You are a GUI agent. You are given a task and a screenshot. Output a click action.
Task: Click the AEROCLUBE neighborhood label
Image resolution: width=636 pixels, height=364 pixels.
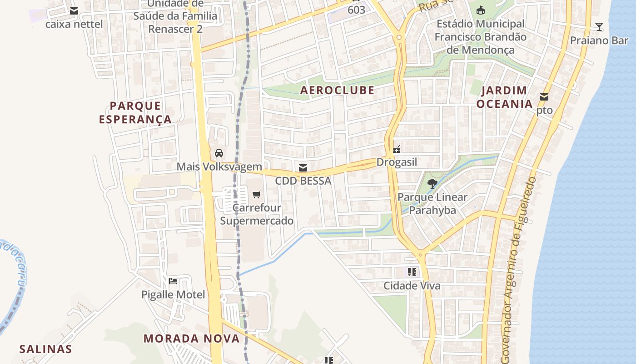click(337, 90)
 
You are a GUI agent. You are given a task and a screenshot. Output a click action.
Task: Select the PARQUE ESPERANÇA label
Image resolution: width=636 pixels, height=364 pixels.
click(135, 113)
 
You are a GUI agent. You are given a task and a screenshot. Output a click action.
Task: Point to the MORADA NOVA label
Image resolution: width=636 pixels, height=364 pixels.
click(191, 339)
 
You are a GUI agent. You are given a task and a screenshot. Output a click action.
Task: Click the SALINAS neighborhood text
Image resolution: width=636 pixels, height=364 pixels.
click(45, 349)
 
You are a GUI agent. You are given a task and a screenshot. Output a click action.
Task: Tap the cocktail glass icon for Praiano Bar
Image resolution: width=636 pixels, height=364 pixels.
click(599, 27)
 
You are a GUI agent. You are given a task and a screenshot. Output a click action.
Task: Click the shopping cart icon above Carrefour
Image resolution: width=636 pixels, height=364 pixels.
click(256, 195)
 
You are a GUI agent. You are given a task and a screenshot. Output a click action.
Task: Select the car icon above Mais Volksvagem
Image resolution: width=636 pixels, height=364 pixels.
click(219, 153)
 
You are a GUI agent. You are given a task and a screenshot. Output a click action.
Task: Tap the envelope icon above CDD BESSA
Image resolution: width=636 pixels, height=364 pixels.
click(303, 168)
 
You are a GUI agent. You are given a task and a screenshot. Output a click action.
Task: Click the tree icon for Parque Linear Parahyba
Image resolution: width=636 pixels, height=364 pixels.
click(432, 184)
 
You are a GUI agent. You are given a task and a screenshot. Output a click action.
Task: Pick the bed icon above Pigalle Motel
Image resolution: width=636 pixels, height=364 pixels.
click(173, 281)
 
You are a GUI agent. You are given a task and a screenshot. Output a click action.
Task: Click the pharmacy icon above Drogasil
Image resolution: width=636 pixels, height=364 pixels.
click(397, 149)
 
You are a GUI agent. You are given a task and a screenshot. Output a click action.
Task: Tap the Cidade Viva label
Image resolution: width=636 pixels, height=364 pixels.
click(412, 286)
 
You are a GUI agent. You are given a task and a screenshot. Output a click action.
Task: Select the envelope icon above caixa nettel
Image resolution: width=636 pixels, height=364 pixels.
click(74, 11)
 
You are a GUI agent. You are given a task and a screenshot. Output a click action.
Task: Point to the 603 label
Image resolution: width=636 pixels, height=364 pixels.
click(356, 10)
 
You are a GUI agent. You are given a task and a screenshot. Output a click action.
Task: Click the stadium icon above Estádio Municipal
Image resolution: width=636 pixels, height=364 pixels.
click(480, 10)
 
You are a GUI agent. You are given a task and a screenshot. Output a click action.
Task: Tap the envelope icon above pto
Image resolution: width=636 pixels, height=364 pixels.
click(544, 96)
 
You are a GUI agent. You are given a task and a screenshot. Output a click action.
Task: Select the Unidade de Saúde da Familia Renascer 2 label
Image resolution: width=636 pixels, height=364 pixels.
click(175, 16)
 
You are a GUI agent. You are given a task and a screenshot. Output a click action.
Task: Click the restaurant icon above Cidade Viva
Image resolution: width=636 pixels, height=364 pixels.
click(412, 272)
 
